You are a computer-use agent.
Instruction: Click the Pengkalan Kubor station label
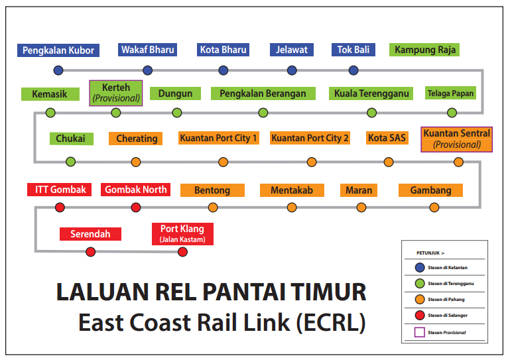coord(58,50)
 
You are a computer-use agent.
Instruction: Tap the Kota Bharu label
coord(223,50)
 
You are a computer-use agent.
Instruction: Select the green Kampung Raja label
coord(424,50)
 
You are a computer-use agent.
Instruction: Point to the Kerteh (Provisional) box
coord(116,93)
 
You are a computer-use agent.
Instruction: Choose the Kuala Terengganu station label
coord(371,93)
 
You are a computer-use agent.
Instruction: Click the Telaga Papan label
coord(450,93)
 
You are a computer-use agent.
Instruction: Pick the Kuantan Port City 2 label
coord(310,138)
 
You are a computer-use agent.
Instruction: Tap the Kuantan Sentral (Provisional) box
coord(457,139)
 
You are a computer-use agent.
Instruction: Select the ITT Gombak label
coord(59,190)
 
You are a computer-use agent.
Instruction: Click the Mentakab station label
coord(292,190)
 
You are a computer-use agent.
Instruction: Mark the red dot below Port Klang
coord(183,251)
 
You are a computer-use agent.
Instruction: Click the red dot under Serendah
coord(91,251)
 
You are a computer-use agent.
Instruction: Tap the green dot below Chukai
coord(70,162)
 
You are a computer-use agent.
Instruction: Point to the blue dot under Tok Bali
coord(353,70)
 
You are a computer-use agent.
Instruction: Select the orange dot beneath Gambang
coord(434,208)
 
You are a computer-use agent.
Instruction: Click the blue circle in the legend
coord(420,267)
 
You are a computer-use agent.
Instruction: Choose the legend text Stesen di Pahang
coord(446,300)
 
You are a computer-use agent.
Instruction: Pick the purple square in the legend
coord(420,332)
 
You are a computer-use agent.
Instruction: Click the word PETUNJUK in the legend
coord(428,253)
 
